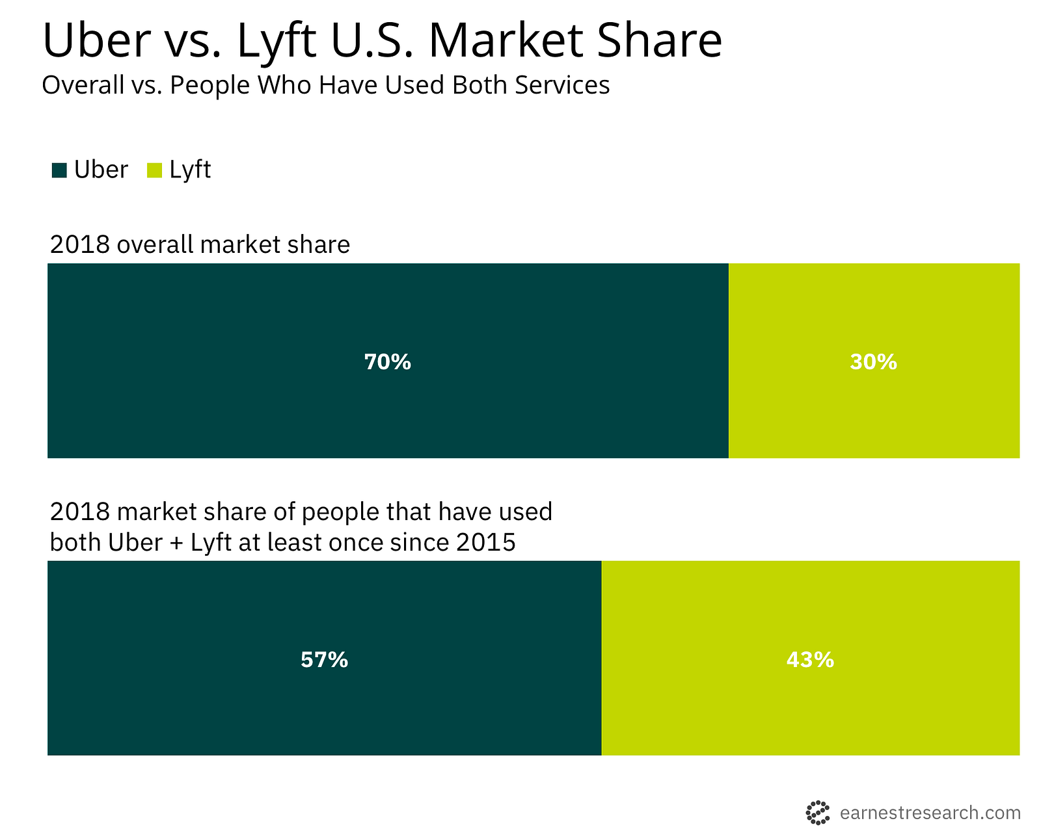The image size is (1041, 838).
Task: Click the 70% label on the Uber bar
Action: [387, 362]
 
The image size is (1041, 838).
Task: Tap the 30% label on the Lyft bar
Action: [873, 362]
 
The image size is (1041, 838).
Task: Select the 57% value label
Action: [324, 660]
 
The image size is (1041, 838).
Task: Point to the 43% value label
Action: [810, 660]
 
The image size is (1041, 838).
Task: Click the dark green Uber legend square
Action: [59, 170]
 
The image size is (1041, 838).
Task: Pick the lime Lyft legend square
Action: [154, 170]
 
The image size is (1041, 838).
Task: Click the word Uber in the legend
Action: [101, 170]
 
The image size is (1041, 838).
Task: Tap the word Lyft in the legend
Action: [190, 170]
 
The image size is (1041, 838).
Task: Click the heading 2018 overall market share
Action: [200, 244]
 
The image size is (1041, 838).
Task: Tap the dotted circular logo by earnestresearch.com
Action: [818, 813]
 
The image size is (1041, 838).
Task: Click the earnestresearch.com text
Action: [930, 813]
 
